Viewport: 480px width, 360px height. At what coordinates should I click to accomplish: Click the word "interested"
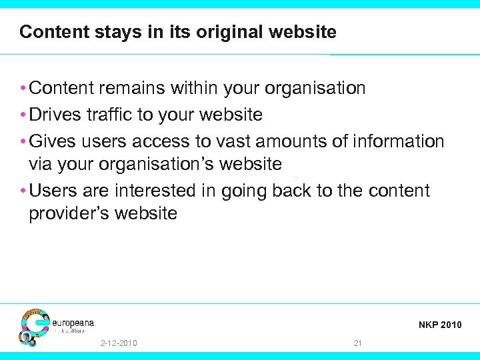click(x=157, y=191)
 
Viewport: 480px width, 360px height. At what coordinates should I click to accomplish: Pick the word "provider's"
click(x=71, y=213)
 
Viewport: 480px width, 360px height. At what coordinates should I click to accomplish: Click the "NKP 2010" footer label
click(x=440, y=325)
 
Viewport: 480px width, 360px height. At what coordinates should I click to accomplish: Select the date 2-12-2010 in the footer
click(x=118, y=343)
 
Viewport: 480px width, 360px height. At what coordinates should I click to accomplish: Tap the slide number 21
click(x=358, y=343)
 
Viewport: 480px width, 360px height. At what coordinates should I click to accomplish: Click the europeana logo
click(x=57, y=326)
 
